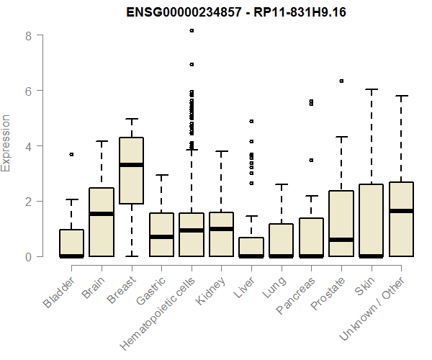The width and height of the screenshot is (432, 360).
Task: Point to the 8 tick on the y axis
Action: click(28, 35)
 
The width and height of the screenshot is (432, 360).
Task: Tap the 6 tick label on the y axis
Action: click(28, 91)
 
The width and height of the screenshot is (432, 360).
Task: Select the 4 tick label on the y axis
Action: click(28, 146)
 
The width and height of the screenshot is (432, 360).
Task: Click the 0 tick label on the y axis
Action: click(28, 257)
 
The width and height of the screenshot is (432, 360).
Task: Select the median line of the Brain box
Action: click(102, 214)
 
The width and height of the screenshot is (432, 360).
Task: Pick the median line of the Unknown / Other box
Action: click(401, 211)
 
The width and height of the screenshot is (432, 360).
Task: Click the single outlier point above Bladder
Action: click(71, 154)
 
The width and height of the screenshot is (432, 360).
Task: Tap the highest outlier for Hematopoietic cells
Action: click(192, 31)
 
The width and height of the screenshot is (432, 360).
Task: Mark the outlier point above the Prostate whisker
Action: click(341, 81)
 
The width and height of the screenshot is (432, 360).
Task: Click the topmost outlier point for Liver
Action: click(251, 122)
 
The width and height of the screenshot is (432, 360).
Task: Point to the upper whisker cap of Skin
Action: click(372, 90)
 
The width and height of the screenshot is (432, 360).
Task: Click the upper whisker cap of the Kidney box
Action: click(221, 151)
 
